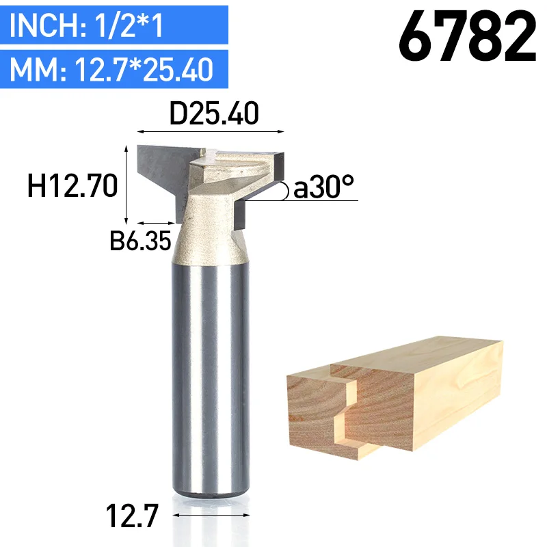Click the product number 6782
(x=468, y=36)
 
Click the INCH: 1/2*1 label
(x=86, y=25)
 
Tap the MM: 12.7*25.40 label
(x=111, y=70)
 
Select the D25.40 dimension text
(x=214, y=113)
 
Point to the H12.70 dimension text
(x=72, y=186)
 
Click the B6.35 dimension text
(x=140, y=241)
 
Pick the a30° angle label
(x=323, y=187)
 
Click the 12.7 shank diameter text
(x=132, y=516)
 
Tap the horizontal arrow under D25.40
(x=211, y=131)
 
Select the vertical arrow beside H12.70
(x=126, y=185)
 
